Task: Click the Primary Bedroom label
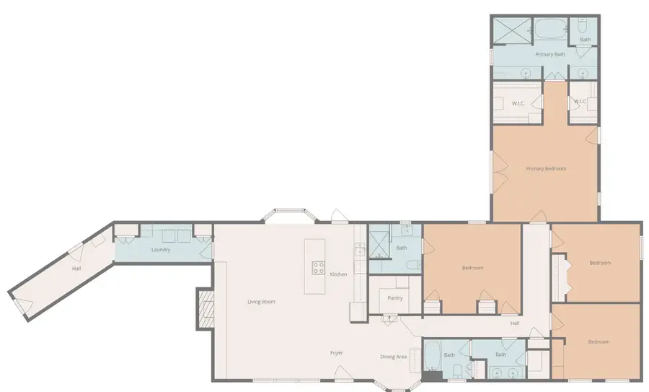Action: pos(546,169)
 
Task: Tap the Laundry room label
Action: pos(161,250)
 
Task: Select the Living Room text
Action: pos(261,302)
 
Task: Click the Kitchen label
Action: pos(338,274)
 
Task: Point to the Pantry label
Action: pos(395,298)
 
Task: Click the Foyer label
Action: pos(337,353)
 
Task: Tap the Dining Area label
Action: pos(393,357)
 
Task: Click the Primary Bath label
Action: pos(550,54)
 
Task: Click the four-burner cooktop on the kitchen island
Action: pos(318,268)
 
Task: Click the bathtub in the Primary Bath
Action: pos(550,28)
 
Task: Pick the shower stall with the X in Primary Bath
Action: pos(511,30)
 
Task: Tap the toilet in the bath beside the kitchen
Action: pos(413,265)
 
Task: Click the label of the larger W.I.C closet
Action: pos(518,103)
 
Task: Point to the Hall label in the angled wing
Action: pos(76,269)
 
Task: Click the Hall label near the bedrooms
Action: pos(514,323)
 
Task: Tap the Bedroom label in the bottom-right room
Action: pos(599,342)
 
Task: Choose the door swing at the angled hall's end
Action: pos(23,306)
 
